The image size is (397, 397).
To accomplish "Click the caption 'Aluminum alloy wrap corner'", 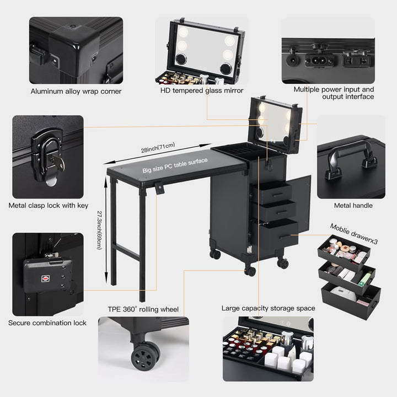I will (x=76, y=91).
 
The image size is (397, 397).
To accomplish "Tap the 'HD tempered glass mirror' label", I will (x=202, y=90).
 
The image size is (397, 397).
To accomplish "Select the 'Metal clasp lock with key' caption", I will (x=49, y=206).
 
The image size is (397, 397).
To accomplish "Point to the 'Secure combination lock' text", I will (x=47, y=323).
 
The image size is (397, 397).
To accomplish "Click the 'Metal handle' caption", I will (x=353, y=206).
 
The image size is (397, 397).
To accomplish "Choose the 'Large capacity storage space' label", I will (x=269, y=308).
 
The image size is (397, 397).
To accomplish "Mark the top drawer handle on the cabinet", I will (x=273, y=193).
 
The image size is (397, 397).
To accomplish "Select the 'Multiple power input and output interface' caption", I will (x=334, y=93).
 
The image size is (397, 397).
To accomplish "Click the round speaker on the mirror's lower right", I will (x=225, y=68).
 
